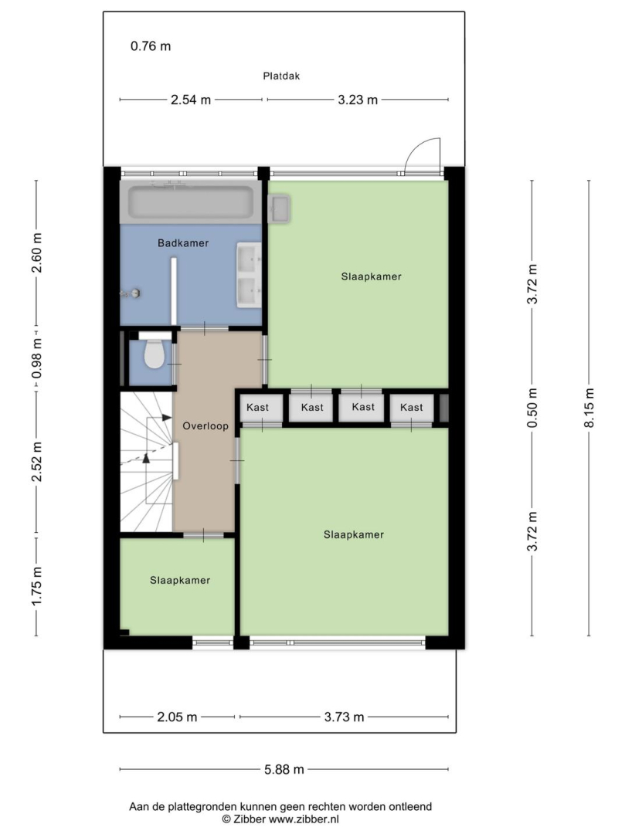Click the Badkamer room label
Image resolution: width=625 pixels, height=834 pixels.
coord(183,243)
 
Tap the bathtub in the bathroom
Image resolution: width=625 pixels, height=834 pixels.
coord(191,202)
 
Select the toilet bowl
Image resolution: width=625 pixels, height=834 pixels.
coord(154,354)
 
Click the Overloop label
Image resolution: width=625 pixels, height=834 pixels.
coord(206,425)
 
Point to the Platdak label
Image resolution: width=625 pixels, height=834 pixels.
coord(281,76)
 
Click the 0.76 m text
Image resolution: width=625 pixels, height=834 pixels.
coord(151,46)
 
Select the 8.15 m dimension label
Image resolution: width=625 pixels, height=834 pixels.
coord(589,408)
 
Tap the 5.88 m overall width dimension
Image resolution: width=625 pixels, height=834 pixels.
coord(284,769)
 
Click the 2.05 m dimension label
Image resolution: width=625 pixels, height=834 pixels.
coord(177,717)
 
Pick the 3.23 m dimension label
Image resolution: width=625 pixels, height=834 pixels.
coord(358,100)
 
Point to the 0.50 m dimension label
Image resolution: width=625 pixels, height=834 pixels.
coord(532,408)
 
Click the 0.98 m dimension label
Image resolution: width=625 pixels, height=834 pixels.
coord(36,359)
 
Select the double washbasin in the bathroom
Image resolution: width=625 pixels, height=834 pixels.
coord(249,275)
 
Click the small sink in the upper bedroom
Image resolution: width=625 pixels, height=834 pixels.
coord(280,208)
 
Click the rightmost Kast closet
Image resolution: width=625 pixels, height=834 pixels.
coord(412,408)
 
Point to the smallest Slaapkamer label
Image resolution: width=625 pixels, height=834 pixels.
coord(180,580)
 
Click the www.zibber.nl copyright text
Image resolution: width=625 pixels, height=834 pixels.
coord(280,819)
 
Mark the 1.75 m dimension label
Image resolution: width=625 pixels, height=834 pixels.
coord(36,586)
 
